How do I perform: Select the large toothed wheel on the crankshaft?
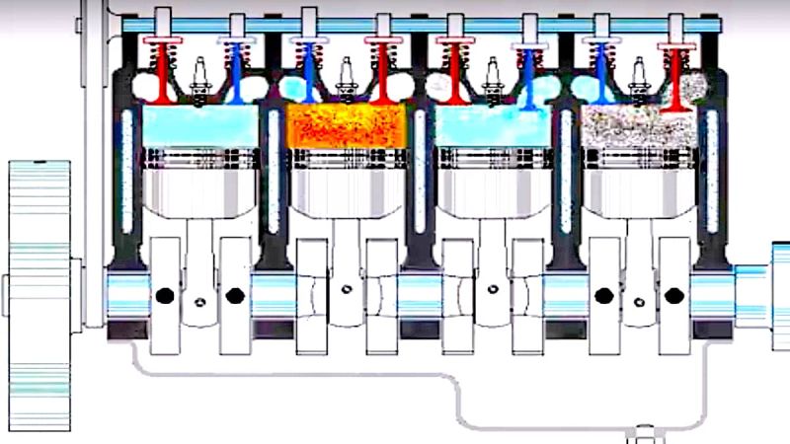click(38, 296)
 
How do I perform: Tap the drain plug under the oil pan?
click(644, 432)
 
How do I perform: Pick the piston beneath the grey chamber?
click(637, 183)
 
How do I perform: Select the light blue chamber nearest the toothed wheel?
click(200, 126)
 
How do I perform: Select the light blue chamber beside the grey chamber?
click(492, 126)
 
